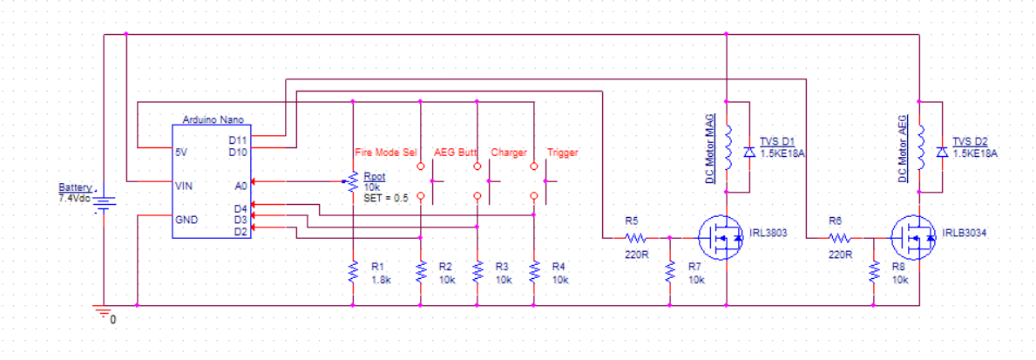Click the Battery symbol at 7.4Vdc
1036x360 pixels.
105,202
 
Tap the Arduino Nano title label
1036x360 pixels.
212,120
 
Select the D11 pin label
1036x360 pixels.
238,140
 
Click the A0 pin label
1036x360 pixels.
241,187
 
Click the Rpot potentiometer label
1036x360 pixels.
375,177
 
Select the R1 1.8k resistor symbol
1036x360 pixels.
353,271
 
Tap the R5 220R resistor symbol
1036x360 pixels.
634,236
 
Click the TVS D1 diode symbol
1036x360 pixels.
749,152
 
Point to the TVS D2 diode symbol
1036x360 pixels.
942,152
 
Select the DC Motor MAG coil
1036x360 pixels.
728,146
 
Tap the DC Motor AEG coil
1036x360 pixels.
920,146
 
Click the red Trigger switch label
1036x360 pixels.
562,153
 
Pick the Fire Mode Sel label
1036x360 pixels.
386,153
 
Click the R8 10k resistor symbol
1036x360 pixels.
874,271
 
